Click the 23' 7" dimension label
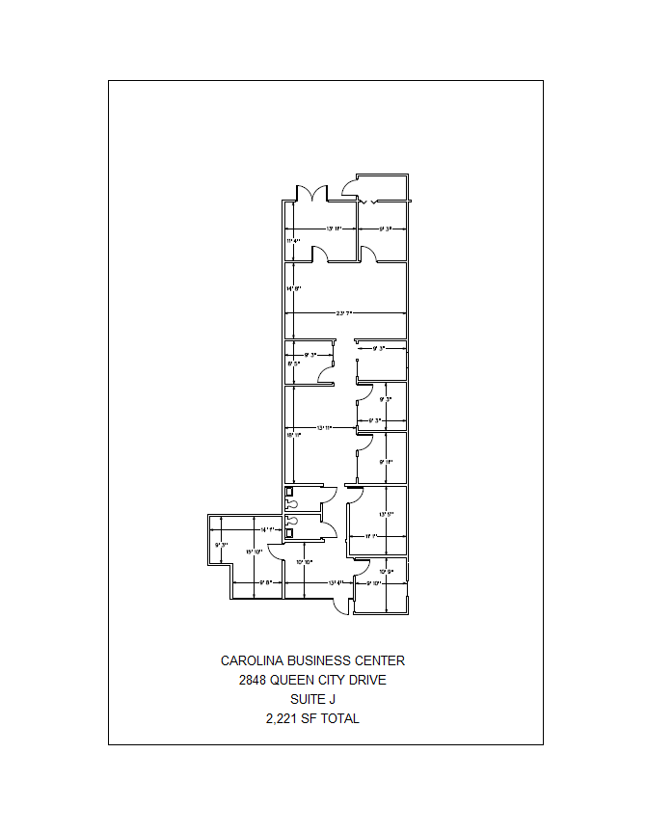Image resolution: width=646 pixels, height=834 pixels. tap(344, 313)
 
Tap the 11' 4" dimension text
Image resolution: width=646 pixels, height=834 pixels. tap(293, 240)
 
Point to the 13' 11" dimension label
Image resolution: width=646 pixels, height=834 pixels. tap(325, 427)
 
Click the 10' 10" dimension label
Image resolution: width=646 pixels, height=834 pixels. tap(305, 561)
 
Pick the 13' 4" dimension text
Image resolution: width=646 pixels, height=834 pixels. tap(336, 582)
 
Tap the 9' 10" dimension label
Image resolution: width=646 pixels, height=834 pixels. tap(374, 582)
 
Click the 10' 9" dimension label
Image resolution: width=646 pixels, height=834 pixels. tap(388, 572)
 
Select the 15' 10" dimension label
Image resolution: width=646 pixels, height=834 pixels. tap(253, 552)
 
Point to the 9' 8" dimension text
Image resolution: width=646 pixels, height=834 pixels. tap(267, 582)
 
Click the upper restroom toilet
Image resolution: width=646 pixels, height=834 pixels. tap(290, 501)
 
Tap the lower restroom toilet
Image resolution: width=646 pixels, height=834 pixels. tap(290, 529)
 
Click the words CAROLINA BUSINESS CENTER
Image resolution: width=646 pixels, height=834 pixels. tap(312, 661)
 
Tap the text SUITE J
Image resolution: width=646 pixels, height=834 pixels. tap(312, 700)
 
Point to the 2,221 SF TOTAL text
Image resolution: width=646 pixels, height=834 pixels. tap(312, 719)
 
